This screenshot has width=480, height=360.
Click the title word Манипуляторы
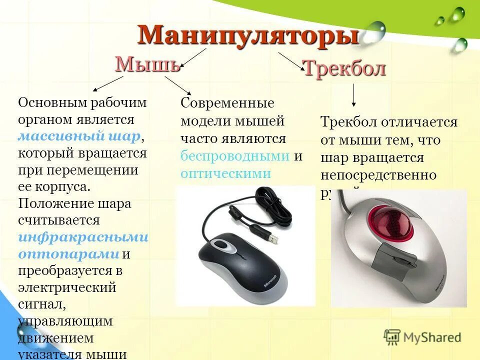tap(248, 36)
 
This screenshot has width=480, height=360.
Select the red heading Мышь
tap(147, 64)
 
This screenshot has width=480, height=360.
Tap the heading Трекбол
tap(344, 68)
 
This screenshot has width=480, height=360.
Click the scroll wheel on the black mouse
tap(220, 245)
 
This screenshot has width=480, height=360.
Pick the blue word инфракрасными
tap(83, 236)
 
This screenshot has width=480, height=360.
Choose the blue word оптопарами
tap(69, 253)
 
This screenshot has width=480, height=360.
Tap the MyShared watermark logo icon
tap(392, 336)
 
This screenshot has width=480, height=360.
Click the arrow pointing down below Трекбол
tap(353, 95)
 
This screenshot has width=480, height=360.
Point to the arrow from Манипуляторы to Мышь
tap(193, 57)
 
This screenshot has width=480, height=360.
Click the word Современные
tap(227, 103)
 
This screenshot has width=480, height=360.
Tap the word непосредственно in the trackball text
tap(378, 175)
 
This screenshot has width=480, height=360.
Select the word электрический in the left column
tap(67, 287)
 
